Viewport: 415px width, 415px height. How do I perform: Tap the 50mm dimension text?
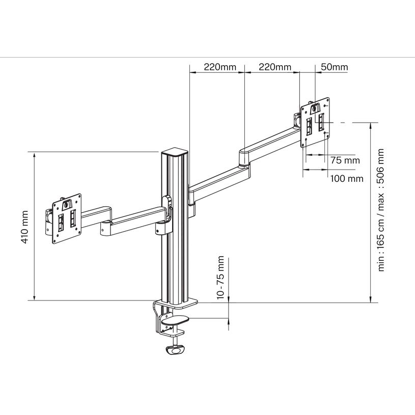[335, 67]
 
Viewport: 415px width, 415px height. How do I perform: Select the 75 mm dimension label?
[345, 160]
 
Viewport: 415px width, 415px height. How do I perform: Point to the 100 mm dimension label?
[347, 178]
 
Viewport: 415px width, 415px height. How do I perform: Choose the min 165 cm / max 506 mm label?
[381, 210]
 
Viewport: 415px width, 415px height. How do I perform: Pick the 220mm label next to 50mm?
[275, 67]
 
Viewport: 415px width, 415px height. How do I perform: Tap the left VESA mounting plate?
[67, 217]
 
